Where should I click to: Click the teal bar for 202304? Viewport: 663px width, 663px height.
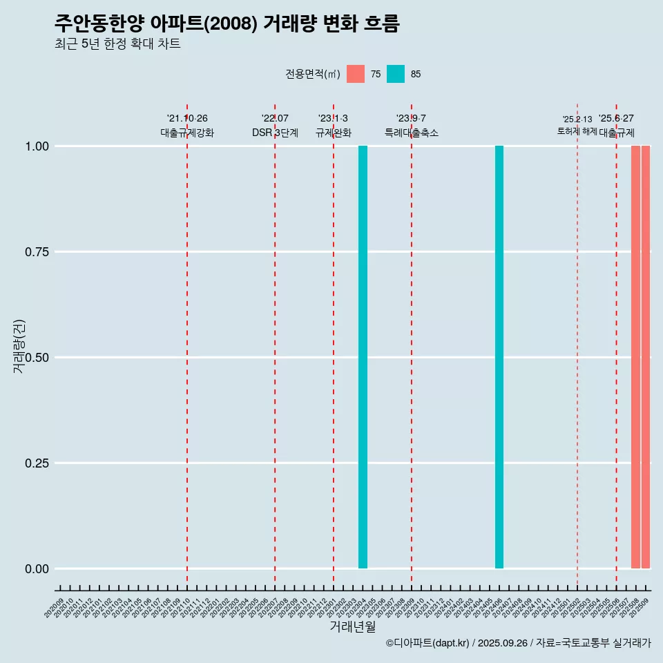pos(363,357)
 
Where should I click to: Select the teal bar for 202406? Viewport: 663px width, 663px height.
pos(499,357)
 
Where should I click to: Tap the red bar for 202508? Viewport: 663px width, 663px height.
pos(635,357)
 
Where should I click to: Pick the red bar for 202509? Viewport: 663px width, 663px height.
pos(646,357)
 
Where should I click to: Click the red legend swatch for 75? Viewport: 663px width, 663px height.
pos(356,74)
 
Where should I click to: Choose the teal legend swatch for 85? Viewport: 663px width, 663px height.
pos(396,74)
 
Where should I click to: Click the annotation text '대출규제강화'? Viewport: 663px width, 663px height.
pos(187,133)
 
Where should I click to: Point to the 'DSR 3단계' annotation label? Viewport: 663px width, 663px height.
pos(275,133)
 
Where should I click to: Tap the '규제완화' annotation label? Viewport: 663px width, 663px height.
pos(334,133)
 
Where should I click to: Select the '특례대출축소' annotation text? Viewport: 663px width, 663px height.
pos(412,133)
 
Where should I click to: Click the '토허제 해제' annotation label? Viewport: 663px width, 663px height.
pos(577,131)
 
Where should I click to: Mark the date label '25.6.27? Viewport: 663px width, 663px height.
pos(616,119)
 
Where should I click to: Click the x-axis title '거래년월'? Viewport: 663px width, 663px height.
pos(352,627)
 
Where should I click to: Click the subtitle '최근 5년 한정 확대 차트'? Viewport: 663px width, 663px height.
pos(117,44)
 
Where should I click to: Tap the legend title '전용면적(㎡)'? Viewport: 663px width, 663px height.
pos(312,74)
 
